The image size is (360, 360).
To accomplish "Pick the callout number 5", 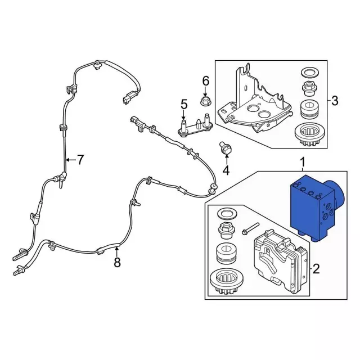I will (x=183, y=104).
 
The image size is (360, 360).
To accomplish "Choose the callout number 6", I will (x=205, y=81).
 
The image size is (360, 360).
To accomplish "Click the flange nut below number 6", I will (x=205, y=102).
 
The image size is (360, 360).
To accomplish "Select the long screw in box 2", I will (x=250, y=230).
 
